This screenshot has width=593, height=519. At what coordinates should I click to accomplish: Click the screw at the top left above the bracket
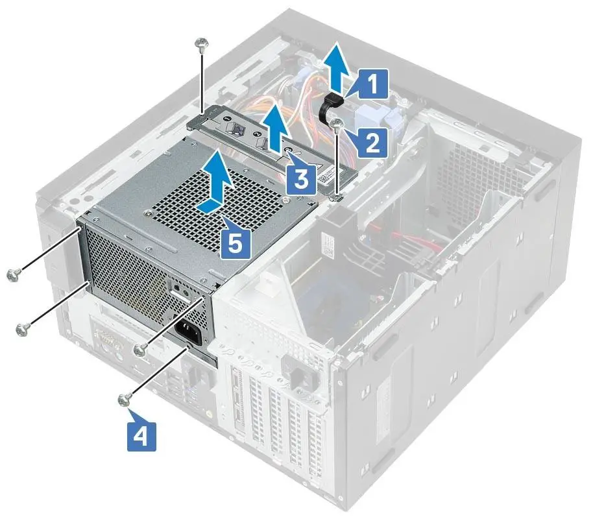point(202,44)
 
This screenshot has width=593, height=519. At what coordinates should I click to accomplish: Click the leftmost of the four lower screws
point(11,275)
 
